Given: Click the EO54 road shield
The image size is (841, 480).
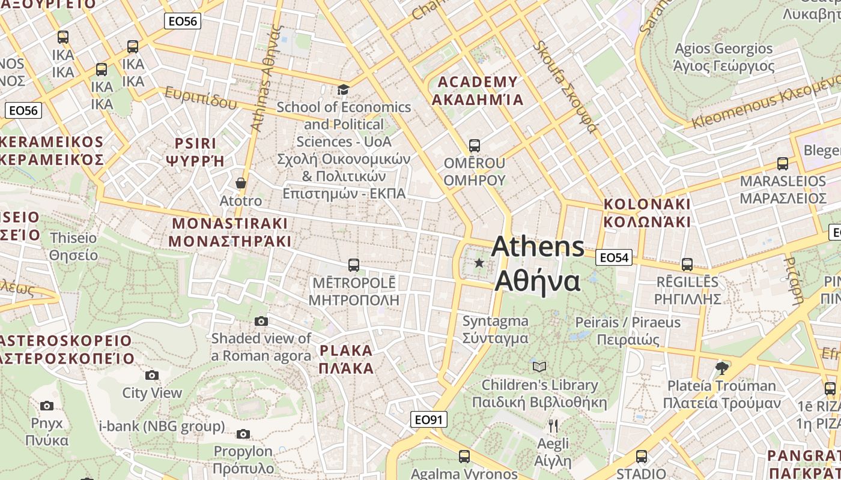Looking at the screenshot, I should click(614, 258).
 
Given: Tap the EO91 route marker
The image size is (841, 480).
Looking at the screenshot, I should click(429, 419).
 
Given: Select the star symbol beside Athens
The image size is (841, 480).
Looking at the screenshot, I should click(479, 263).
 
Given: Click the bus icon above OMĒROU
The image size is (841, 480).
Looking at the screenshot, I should click(474, 146).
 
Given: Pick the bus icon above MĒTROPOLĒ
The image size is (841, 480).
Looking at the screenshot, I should click(353, 265).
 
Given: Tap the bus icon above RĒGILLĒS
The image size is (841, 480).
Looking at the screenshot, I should click(687, 264).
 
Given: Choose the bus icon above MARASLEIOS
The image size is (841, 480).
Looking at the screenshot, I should click(782, 163).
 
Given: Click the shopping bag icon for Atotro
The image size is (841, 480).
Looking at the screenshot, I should click(241, 183).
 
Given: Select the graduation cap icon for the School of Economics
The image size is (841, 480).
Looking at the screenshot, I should click(343, 90).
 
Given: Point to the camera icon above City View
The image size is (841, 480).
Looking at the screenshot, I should click(152, 376).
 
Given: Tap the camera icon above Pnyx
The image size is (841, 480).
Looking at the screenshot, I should click(47, 406).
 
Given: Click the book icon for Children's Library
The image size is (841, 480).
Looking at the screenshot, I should click(539, 367).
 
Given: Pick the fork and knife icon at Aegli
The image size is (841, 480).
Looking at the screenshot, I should click(553, 426).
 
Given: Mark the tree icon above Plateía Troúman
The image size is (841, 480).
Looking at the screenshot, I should click(721, 368).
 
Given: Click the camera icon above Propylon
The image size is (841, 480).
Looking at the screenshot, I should click(243, 434).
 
